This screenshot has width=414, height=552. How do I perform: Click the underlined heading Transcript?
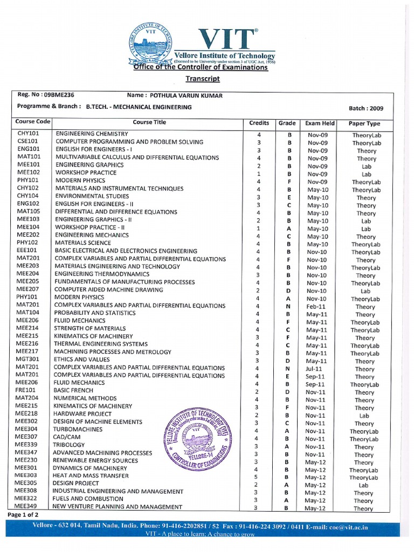[203, 79]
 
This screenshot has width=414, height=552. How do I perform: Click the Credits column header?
[259, 123]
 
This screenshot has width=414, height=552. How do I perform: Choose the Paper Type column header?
[364, 123]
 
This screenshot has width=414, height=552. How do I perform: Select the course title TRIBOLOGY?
[70, 445]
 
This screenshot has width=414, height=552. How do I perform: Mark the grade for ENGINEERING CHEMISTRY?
[289, 135]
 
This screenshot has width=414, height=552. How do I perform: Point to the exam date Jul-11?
[316, 369]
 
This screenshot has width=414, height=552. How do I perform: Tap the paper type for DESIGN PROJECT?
[364, 485]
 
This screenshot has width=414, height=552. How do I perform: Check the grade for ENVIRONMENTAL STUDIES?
[289, 198]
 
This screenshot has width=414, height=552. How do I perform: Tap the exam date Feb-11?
[316, 307]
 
